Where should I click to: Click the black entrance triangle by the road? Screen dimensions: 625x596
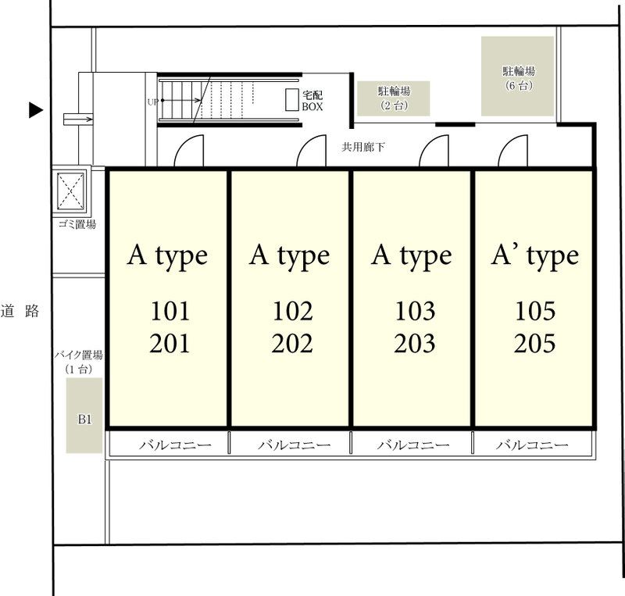[x=35, y=110]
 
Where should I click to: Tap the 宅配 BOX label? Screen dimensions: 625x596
[x=312, y=101]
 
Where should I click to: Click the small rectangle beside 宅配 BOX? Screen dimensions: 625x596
[x=292, y=100]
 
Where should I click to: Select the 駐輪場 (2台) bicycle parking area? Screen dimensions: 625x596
[x=394, y=98]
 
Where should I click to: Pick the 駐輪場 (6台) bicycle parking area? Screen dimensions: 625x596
[x=518, y=76]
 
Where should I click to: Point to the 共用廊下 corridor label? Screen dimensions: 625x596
[x=363, y=147]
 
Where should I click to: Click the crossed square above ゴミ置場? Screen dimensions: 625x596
[x=71, y=191]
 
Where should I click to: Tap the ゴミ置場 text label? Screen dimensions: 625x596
[x=77, y=224]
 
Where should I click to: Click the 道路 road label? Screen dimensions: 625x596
[x=20, y=311]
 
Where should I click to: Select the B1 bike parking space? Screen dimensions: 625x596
[x=84, y=416]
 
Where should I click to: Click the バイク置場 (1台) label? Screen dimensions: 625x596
[x=79, y=362]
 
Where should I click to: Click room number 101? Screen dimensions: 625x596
[x=170, y=312]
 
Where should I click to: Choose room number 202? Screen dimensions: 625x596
[x=292, y=344]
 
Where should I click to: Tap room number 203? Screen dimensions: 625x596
[x=415, y=344]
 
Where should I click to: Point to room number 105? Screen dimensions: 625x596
[x=535, y=312]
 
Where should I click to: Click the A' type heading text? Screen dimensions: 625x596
[x=535, y=256]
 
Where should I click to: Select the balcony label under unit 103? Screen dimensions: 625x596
[x=413, y=444]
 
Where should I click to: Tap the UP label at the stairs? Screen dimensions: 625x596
[x=152, y=102]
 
